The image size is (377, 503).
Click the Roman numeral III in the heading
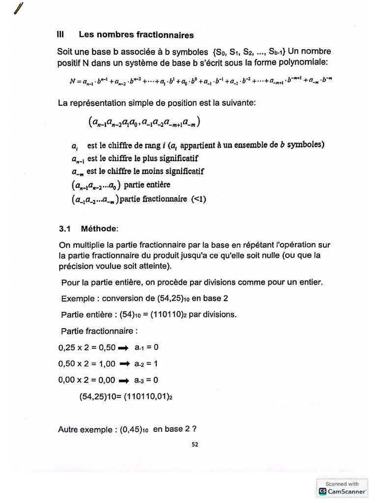tap(61, 35)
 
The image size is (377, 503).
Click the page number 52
tap(195, 445)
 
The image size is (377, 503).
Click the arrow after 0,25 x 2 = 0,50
tap(125, 348)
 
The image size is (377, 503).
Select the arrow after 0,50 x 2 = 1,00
tap(125, 364)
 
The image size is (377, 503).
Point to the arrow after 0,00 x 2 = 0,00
tap(125, 380)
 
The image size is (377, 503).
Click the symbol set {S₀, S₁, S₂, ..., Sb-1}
tap(248, 52)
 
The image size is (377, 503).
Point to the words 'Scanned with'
tap(343, 483)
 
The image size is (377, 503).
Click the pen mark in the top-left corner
tap(19, 8)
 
